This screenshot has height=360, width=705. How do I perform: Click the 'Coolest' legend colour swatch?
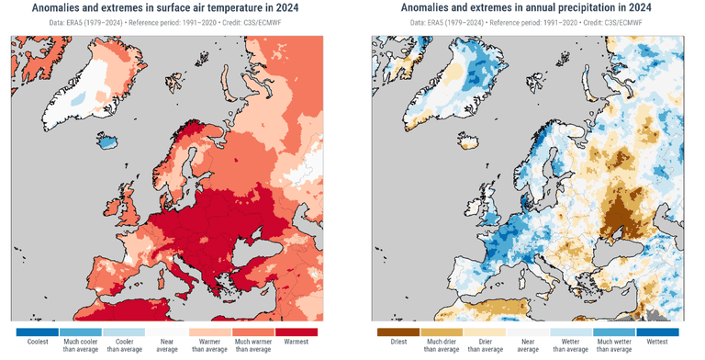[38, 332]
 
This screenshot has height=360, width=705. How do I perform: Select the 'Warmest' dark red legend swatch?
[296, 332]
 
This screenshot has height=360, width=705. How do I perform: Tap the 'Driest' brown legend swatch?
[398, 332]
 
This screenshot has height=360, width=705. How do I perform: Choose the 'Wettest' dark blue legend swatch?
[657, 332]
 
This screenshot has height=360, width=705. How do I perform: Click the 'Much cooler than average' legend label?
[81, 345]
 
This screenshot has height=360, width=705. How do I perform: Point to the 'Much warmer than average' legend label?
[253, 345]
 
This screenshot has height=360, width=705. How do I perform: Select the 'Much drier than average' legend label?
[442, 345]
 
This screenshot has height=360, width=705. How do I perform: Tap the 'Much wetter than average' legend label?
[614, 345]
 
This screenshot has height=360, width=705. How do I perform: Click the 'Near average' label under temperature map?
[167, 345]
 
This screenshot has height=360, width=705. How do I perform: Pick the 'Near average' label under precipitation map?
[528, 345]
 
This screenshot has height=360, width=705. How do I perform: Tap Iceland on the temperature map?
[107, 141]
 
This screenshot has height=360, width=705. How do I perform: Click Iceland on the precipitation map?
[468, 141]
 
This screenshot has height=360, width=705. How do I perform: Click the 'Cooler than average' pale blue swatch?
[124, 332]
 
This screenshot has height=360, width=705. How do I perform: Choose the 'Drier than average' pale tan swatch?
[485, 332]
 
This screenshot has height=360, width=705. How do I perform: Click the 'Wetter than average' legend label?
[571, 345]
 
